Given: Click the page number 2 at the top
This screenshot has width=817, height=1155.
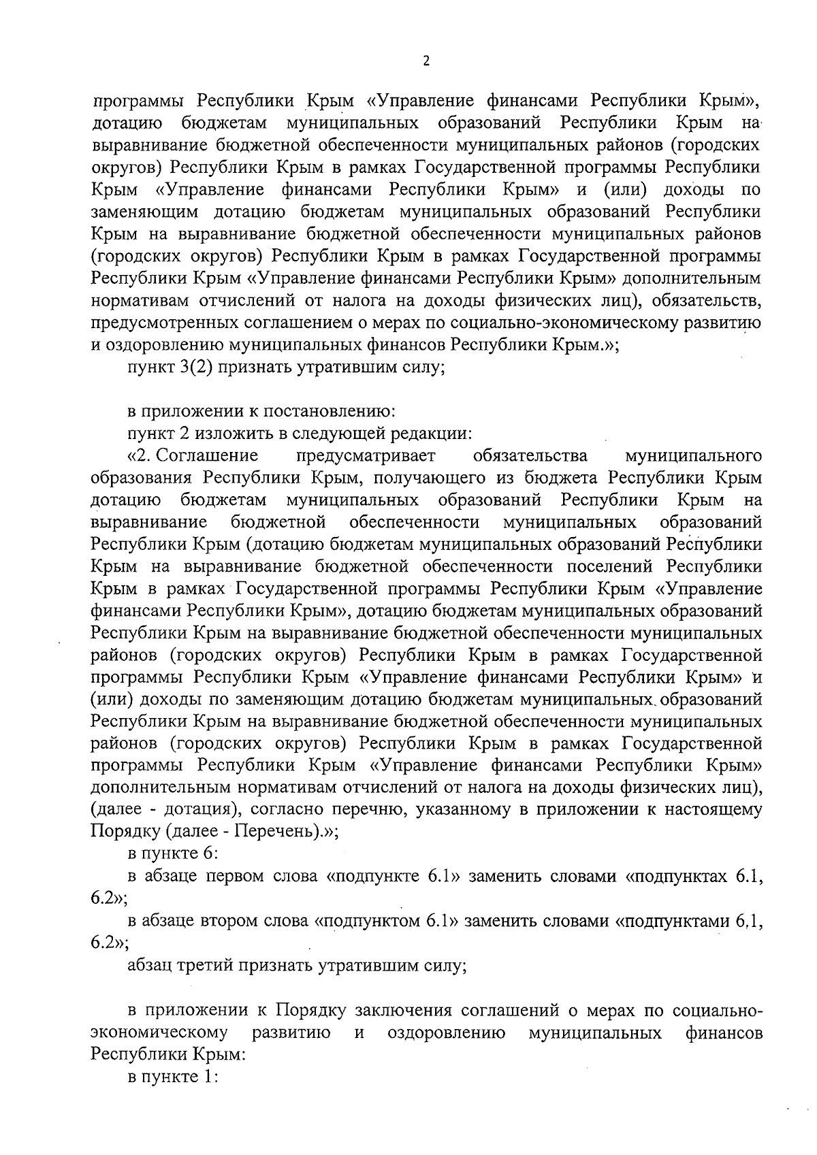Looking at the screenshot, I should pyautogui.click(x=426, y=61).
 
